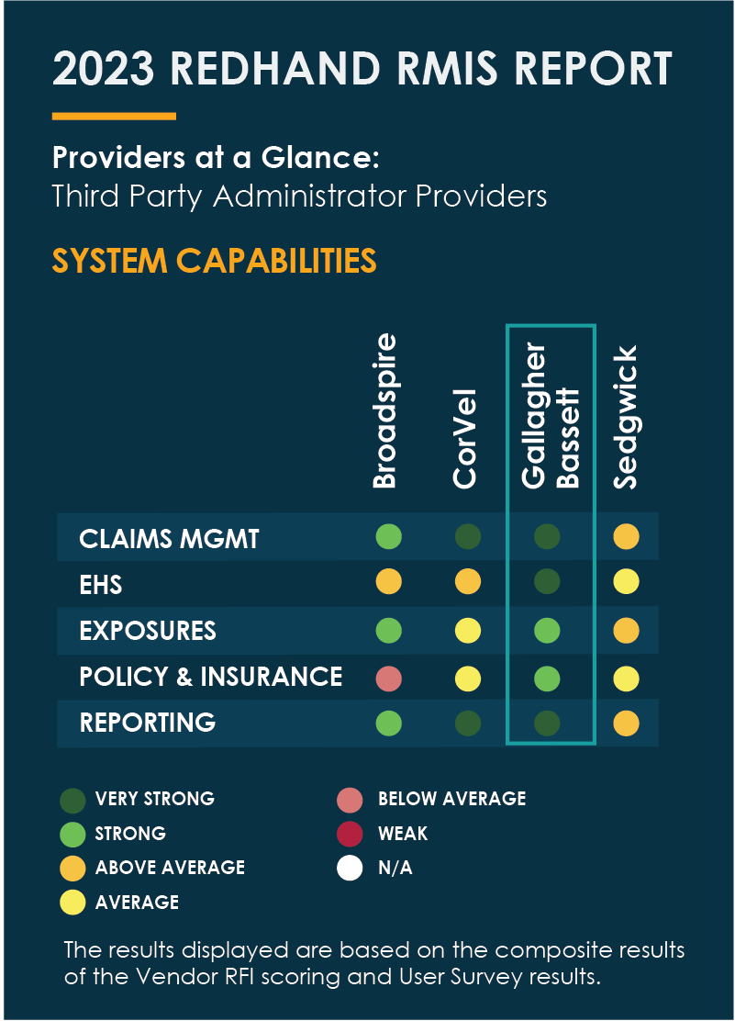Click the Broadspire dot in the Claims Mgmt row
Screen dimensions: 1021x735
click(389, 536)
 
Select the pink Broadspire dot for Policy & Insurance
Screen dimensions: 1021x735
click(389, 678)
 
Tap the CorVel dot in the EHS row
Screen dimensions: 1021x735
click(468, 581)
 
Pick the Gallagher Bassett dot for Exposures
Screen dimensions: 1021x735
click(548, 631)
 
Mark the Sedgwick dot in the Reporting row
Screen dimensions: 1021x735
click(626, 724)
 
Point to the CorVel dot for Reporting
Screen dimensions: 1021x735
click(468, 724)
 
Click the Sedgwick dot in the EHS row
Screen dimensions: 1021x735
click(626, 581)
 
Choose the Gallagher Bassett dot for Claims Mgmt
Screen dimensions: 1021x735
click(548, 536)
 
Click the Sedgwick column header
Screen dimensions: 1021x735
click(625, 417)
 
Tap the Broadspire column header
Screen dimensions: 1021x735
click(386, 410)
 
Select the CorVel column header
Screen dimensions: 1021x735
click(465, 437)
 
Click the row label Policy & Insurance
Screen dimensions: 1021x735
click(211, 677)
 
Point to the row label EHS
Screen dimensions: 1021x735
click(101, 584)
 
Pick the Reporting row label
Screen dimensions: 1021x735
click(148, 723)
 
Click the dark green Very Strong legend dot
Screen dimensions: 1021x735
click(70, 800)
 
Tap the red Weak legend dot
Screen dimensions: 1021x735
click(350, 835)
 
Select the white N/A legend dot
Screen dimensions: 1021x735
click(350, 868)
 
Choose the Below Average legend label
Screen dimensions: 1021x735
click(451, 799)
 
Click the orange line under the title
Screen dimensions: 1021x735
click(114, 116)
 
